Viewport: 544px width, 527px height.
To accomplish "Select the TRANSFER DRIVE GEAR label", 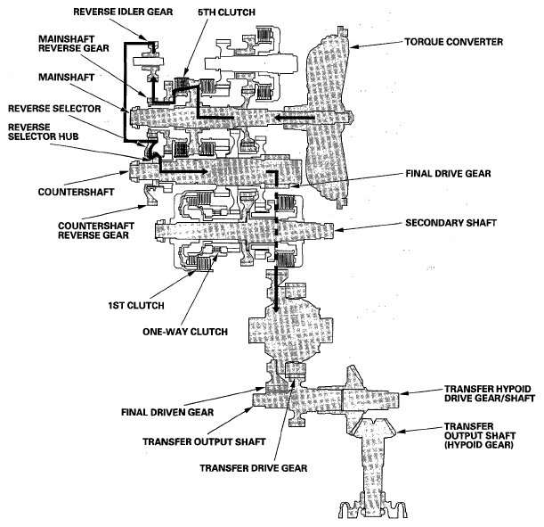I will [x=243, y=466].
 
